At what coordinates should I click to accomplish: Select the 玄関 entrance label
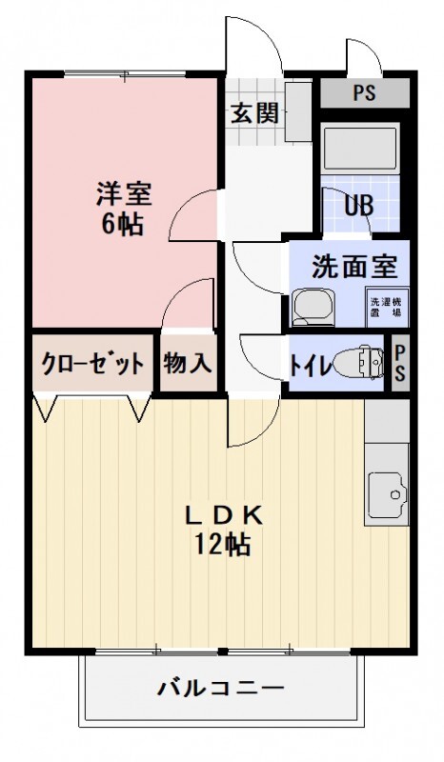pyautogui.click(x=253, y=113)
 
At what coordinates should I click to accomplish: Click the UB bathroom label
pyautogui.click(x=358, y=206)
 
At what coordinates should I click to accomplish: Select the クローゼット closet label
pyautogui.click(x=92, y=363)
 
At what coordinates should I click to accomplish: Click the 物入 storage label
pyautogui.click(x=187, y=363)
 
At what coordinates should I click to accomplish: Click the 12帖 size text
pyautogui.click(x=222, y=545)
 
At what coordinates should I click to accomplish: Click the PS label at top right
pyautogui.click(x=363, y=93)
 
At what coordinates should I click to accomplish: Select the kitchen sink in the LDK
pyautogui.click(x=385, y=493)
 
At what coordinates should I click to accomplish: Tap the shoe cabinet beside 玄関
pyautogui.click(x=298, y=112)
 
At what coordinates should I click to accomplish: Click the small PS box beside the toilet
pyautogui.click(x=399, y=363)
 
